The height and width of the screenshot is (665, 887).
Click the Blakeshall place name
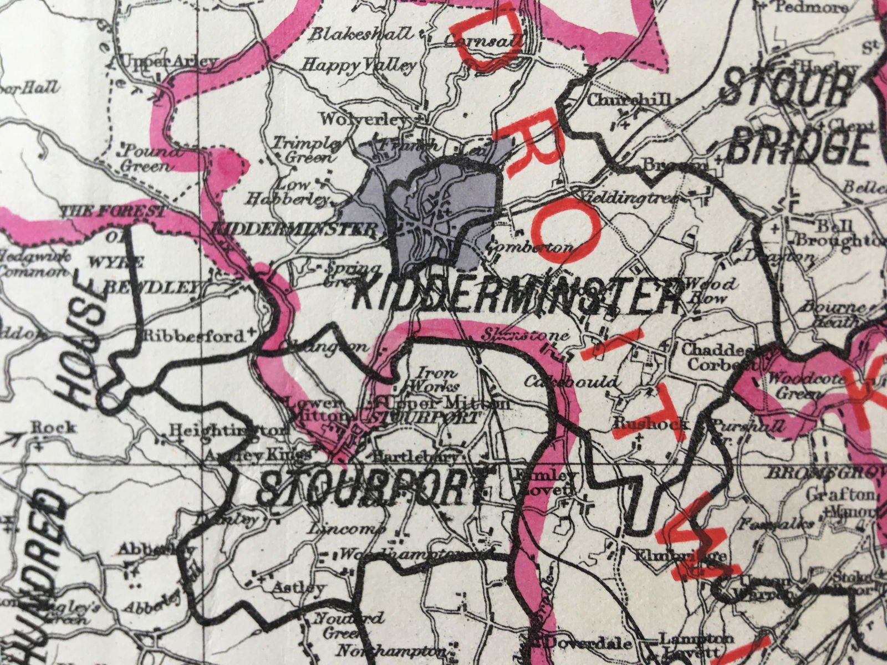(x=360, y=34)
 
